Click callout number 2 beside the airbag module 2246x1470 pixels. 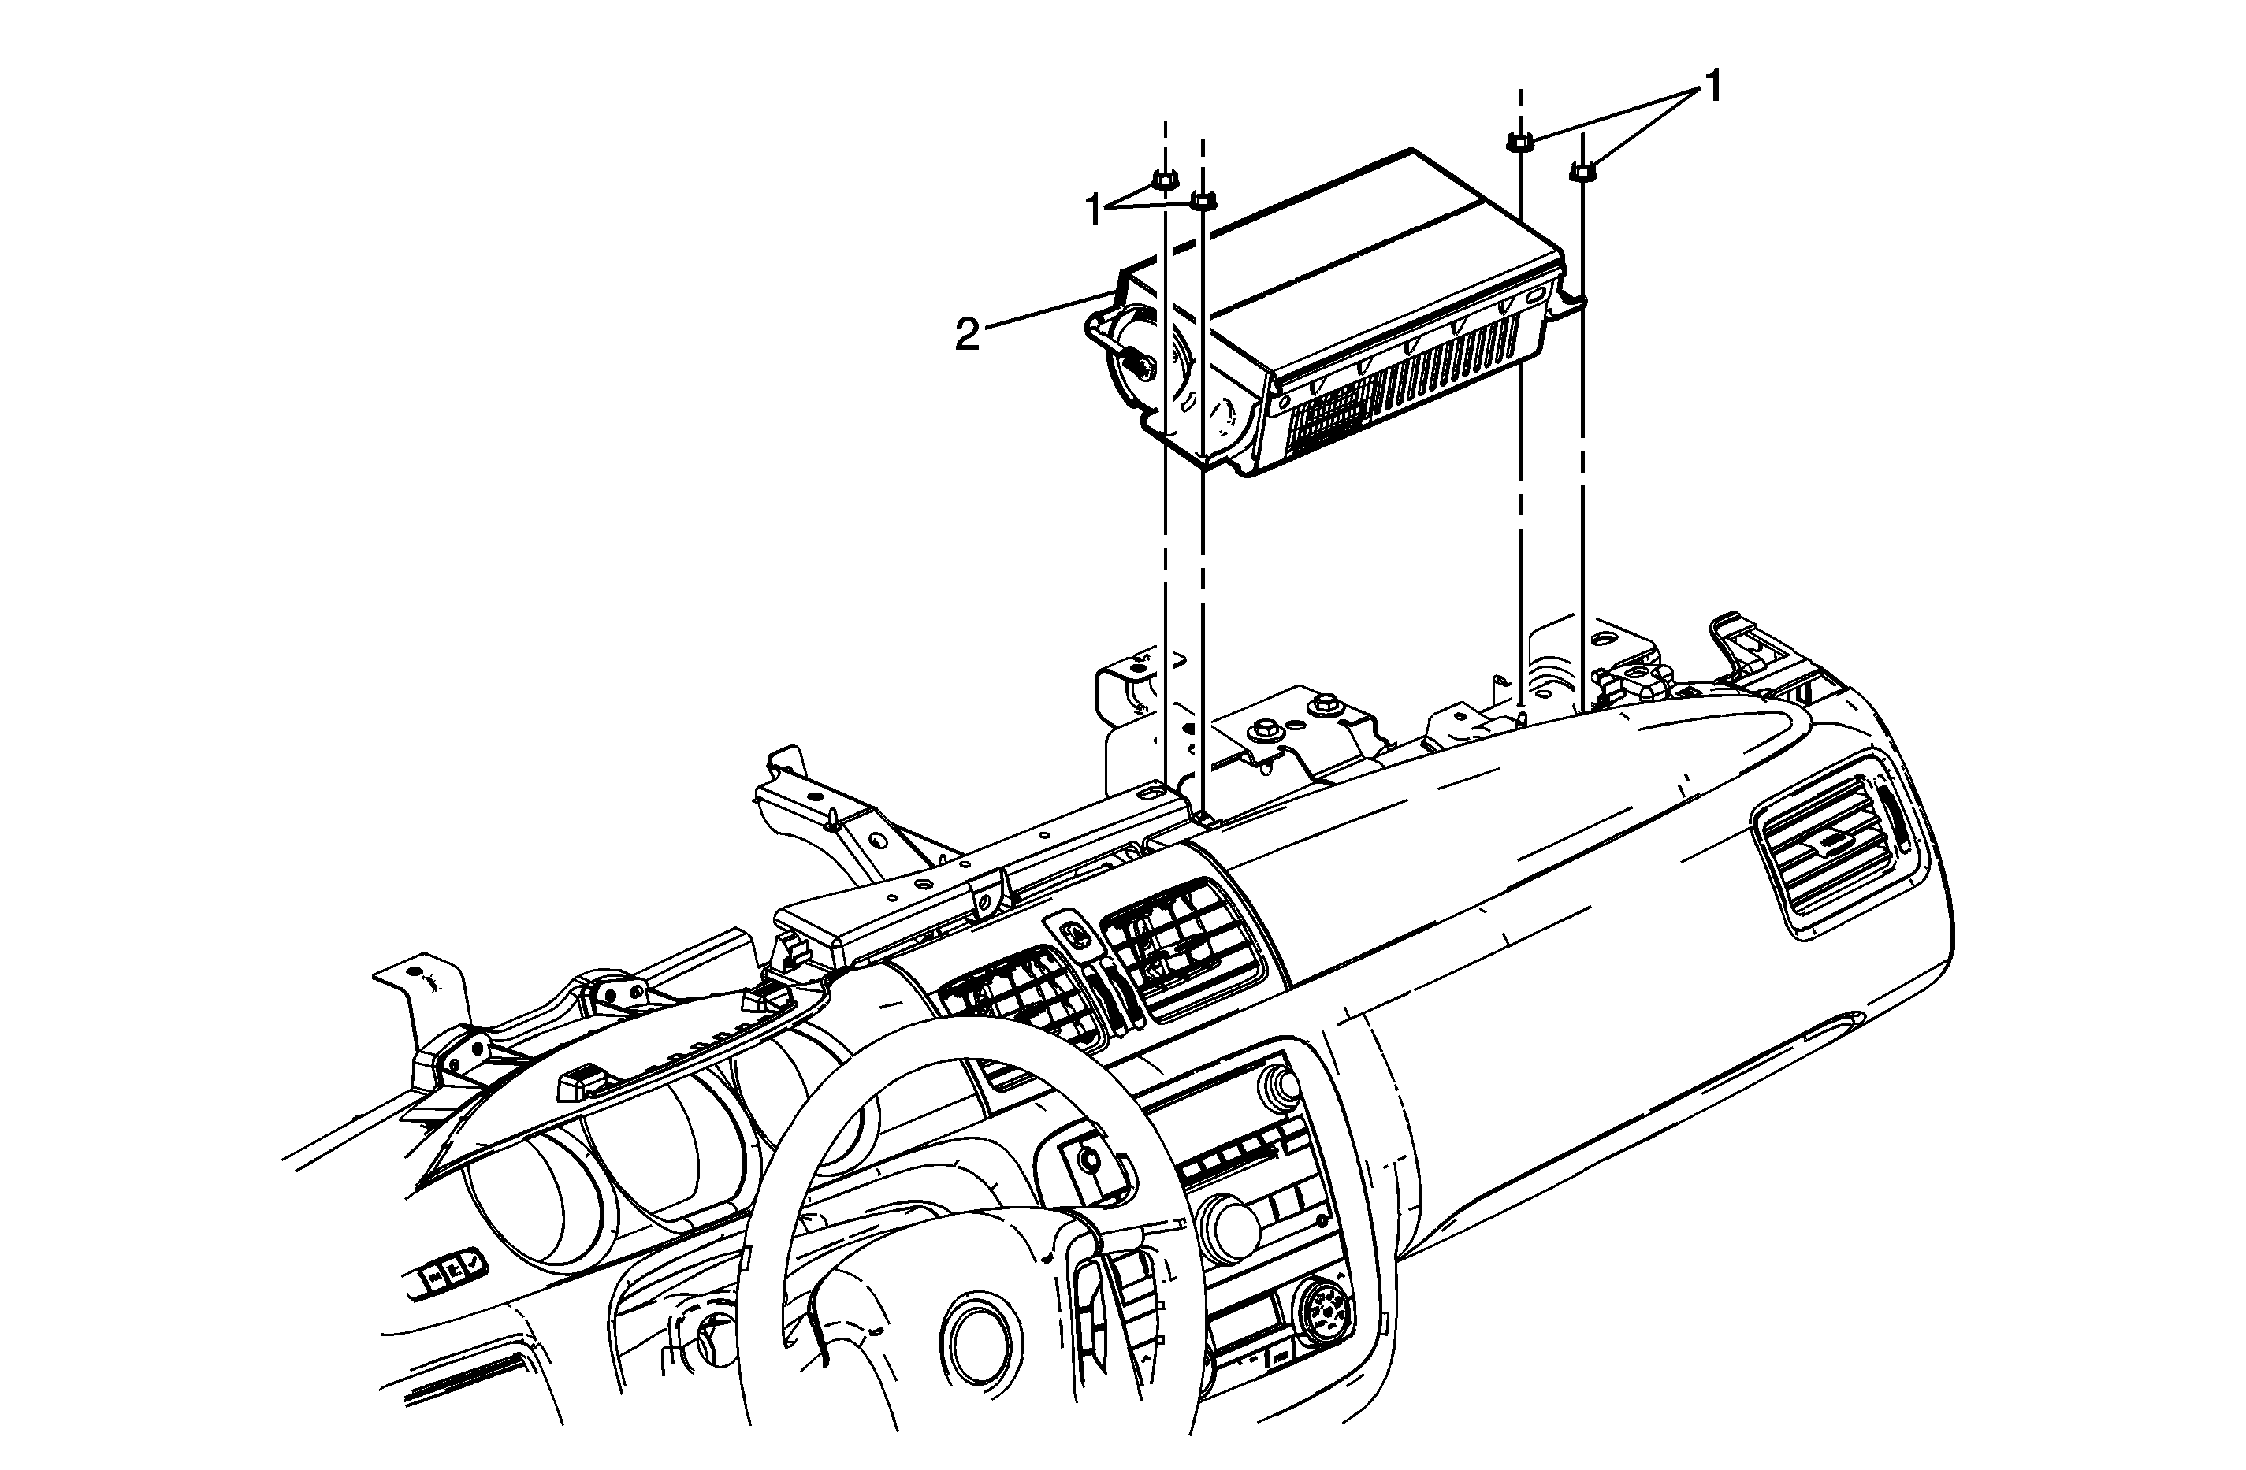tap(967, 334)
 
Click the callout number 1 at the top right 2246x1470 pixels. tap(1712, 87)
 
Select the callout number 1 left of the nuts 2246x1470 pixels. tap(1094, 210)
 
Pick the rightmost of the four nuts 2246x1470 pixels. tap(1582, 171)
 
